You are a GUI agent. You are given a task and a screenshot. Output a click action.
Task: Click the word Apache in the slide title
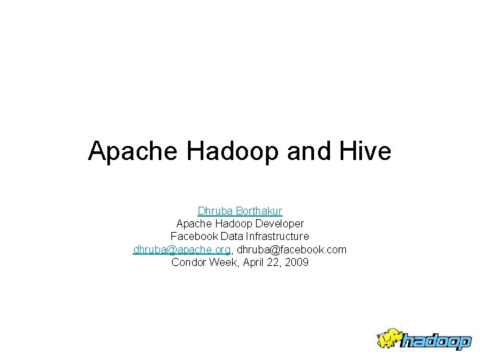tap(134, 152)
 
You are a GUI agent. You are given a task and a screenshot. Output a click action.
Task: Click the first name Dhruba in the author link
tap(213, 211)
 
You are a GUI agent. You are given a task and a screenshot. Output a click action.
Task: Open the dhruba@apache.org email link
tap(181, 249)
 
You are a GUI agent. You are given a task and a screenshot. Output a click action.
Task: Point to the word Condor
tap(189, 262)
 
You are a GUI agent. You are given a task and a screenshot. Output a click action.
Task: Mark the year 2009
tap(297, 262)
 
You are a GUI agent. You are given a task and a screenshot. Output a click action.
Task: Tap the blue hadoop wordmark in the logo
tap(436, 341)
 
